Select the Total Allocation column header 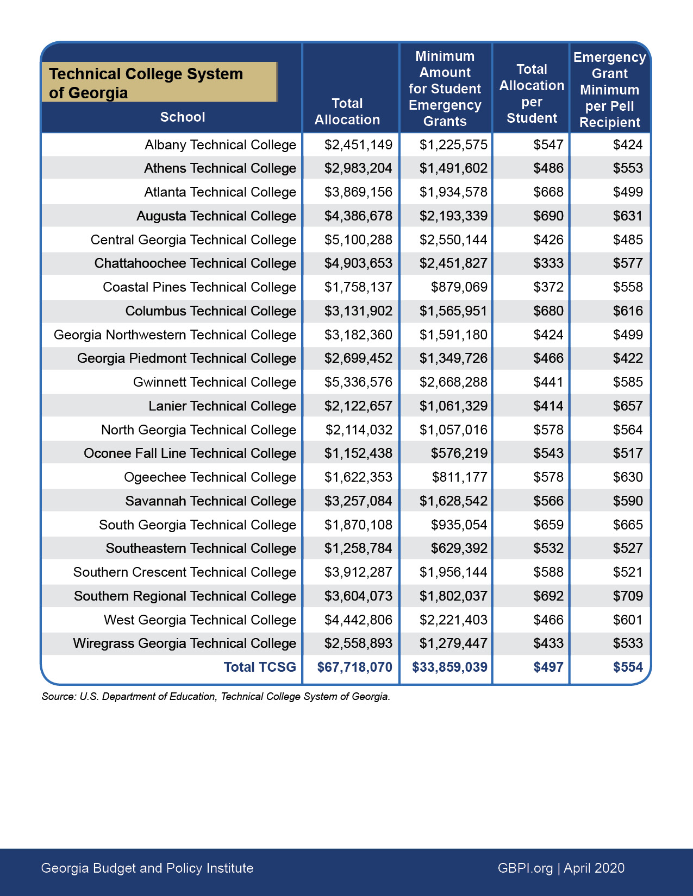(x=347, y=112)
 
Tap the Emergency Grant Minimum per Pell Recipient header (x=609, y=90)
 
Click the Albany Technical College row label (x=220, y=145)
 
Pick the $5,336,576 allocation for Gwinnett (x=358, y=382)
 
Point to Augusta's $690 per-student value (x=548, y=216)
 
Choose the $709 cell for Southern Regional (x=628, y=596)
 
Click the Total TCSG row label (x=260, y=667)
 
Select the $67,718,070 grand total (x=354, y=667)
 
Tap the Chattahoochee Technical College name (x=195, y=263)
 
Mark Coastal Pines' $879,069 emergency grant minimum (x=459, y=287)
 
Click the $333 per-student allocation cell (x=548, y=263)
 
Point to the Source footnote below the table (x=216, y=697)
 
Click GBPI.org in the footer (x=525, y=868)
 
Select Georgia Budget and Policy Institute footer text (x=147, y=868)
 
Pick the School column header (x=183, y=117)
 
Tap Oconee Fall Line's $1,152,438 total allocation (x=358, y=453)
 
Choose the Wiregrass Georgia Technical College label (x=184, y=643)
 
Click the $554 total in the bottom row (x=628, y=667)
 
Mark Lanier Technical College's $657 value (x=628, y=406)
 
